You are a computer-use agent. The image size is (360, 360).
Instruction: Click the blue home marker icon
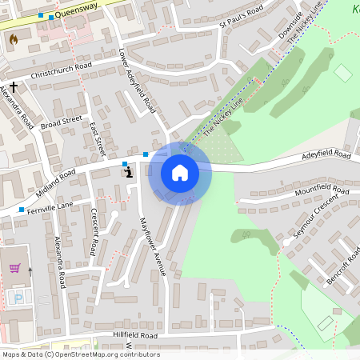point(180,173)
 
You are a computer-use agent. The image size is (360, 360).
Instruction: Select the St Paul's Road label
point(242,18)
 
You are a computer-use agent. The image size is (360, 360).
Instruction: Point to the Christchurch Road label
point(61,70)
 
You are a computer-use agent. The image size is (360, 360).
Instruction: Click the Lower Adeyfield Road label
point(135,81)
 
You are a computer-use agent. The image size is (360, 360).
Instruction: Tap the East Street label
point(98,138)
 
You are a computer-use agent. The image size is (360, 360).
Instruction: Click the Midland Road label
point(55,183)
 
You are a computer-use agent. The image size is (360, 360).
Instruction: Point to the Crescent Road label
point(94,232)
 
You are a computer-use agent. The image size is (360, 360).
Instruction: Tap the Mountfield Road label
point(322,191)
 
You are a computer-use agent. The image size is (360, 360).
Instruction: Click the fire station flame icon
point(13,38)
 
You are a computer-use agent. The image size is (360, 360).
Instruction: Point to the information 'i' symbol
point(128,170)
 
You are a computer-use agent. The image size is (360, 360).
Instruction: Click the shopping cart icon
point(14,269)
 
